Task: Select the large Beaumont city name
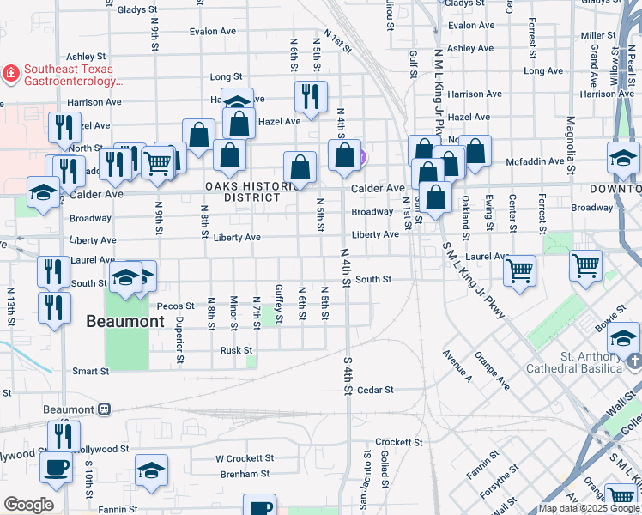(x=124, y=322)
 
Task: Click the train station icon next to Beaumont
(x=105, y=409)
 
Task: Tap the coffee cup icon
(x=57, y=469)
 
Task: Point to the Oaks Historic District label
(x=243, y=191)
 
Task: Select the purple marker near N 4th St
(x=362, y=157)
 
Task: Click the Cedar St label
(x=376, y=390)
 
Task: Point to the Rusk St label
(x=236, y=350)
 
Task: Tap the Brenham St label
(x=242, y=473)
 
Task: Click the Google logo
(x=27, y=505)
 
